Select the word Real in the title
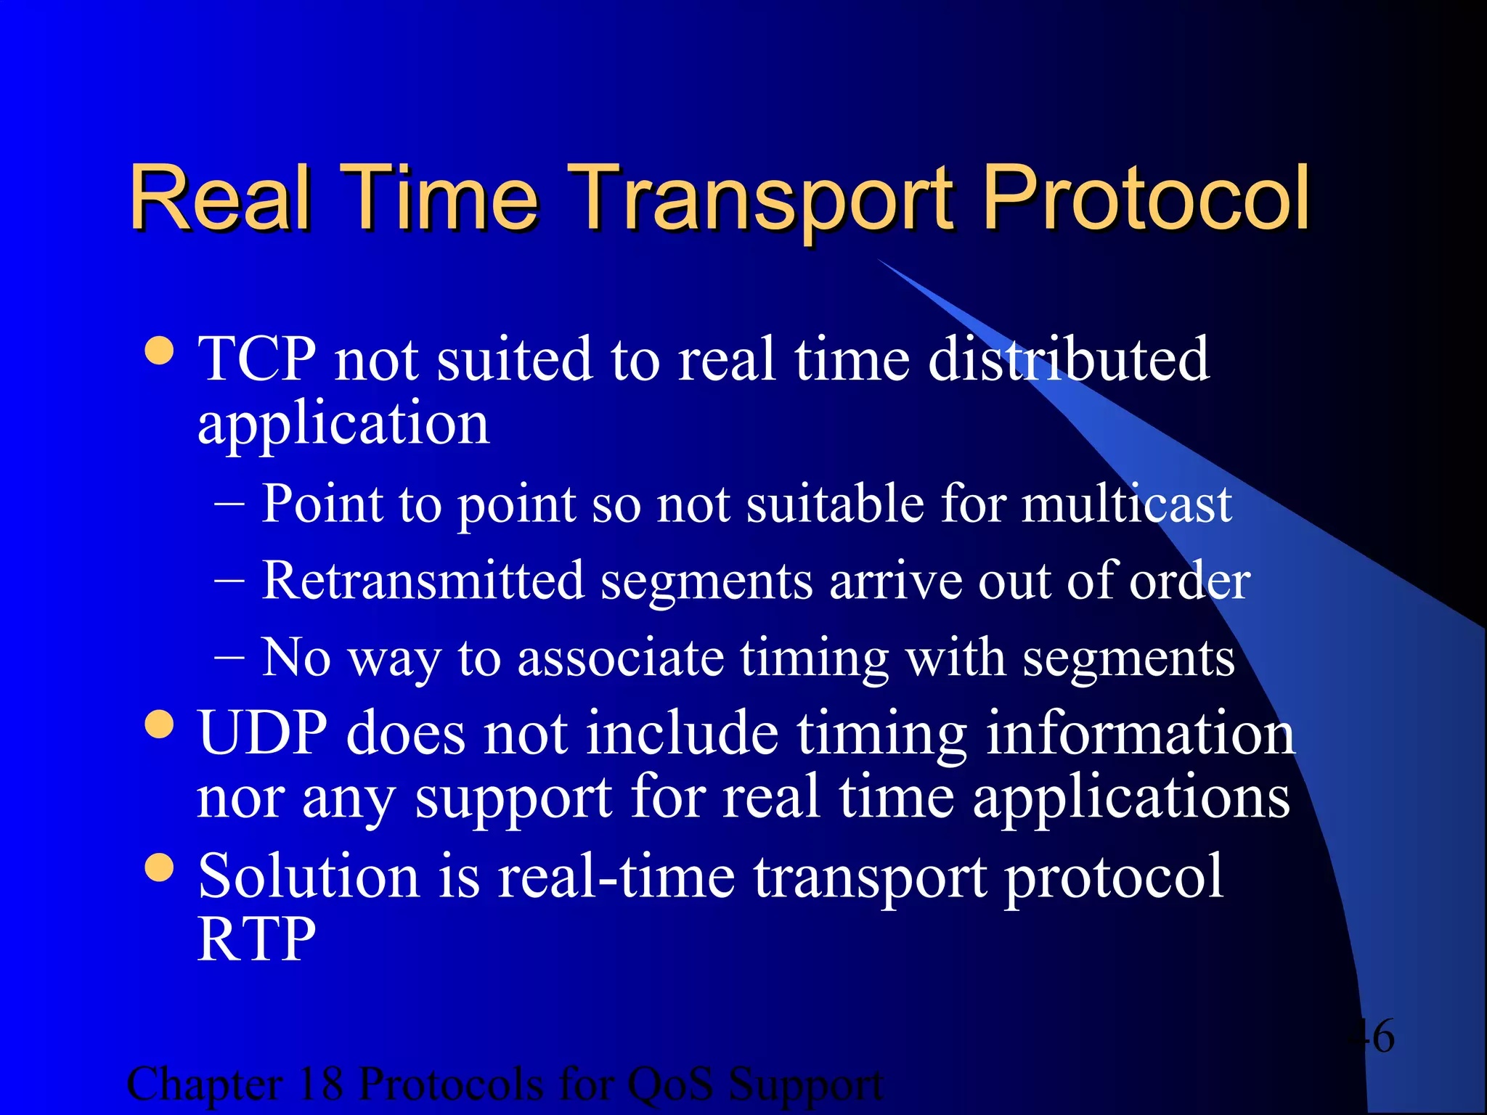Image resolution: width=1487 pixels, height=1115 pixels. click(x=221, y=197)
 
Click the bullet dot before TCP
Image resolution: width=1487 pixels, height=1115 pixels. click(x=160, y=351)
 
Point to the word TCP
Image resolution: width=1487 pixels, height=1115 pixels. click(x=257, y=359)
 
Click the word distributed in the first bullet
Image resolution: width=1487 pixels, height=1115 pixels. click(x=1068, y=359)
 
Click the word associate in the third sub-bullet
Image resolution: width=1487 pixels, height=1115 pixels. click(x=621, y=658)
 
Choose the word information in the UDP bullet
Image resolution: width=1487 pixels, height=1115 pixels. click(x=1140, y=733)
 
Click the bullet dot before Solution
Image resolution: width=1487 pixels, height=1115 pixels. click(x=160, y=867)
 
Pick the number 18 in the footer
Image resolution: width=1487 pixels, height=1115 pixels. click(x=320, y=1085)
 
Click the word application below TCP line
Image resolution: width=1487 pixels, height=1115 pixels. click(x=343, y=424)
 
